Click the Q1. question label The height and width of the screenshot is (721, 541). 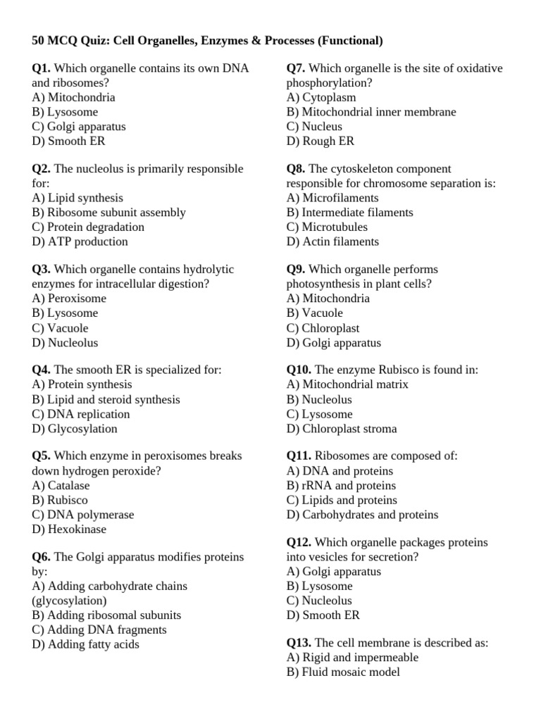click(x=42, y=68)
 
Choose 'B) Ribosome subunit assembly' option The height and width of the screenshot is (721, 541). click(x=108, y=212)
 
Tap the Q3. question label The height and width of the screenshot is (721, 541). click(x=42, y=269)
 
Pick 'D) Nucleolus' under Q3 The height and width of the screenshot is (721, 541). click(x=65, y=343)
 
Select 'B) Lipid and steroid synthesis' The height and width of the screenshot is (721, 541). click(x=106, y=399)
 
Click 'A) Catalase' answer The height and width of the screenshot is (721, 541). click(x=61, y=485)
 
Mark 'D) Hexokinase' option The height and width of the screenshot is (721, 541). click(x=69, y=529)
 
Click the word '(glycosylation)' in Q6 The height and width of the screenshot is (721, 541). click(x=70, y=601)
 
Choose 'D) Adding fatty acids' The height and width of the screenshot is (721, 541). click(x=85, y=644)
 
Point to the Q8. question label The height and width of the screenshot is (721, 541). click(x=296, y=169)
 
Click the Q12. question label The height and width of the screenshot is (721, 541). click(x=299, y=542)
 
